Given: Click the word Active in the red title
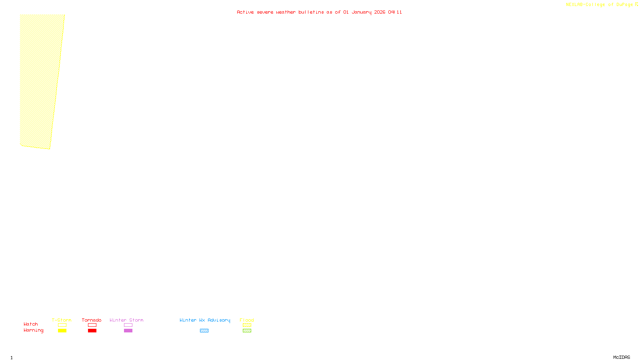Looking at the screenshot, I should (x=245, y=12).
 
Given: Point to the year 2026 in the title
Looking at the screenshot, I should (x=380, y=12).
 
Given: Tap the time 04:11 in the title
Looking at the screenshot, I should (x=395, y=12).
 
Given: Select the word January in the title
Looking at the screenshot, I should (x=361, y=12).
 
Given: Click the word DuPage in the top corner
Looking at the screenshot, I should (x=624, y=5).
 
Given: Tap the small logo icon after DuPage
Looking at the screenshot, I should (x=636, y=4).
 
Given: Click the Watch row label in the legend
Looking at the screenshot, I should (x=31, y=324).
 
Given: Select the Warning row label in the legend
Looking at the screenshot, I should (x=33, y=330).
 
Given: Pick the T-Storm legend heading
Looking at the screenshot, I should (x=62, y=320).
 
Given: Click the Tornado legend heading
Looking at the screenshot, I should (x=92, y=320).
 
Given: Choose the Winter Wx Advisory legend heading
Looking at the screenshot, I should (x=205, y=320).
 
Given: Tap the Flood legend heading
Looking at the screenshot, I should (x=247, y=320).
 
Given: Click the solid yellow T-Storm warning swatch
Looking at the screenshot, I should (x=62, y=331).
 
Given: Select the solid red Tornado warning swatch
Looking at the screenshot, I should (x=92, y=331).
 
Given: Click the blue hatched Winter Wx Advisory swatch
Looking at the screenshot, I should (x=204, y=331).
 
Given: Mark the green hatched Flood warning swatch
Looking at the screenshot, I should (x=247, y=331).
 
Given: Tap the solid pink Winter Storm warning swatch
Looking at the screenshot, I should (x=128, y=331).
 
